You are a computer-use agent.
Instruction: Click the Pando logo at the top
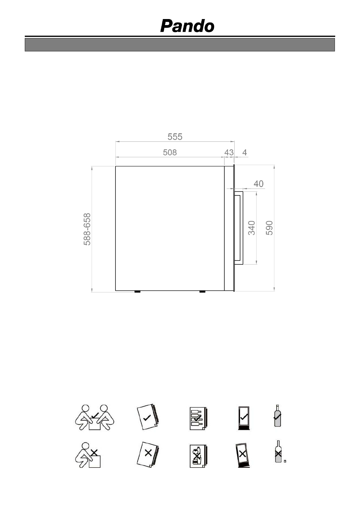pyautogui.click(x=187, y=26)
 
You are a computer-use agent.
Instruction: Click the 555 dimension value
pyautogui.click(x=175, y=137)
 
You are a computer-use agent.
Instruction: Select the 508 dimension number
pyautogui.click(x=170, y=152)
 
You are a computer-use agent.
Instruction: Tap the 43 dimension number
pyautogui.click(x=229, y=153)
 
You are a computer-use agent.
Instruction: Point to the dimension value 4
pyautogui.click(x=245, y=153)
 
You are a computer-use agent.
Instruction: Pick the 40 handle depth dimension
pyautogui.click(x=258, y=184)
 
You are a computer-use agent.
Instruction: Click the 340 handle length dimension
pyautogui.click(x=251, y=228)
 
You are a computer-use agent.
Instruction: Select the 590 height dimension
pyautogui.click(x=269, y=228)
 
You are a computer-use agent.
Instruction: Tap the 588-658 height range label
pyautogui.click(x=87, y=229)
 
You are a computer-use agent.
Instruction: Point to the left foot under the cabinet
pyautogui.click(x=137, y=292)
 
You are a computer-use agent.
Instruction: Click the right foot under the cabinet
pyautogui.click(x=202, y=292)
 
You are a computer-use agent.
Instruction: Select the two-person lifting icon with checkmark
pyautogui.click(x=95, y=417)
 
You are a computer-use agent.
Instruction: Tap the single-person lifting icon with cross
pyautogui.click(x=88, y=455)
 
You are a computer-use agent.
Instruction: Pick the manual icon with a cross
pyautogui.click(x=148, y=454)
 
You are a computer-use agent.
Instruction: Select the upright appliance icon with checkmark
pyautogui.click(x=244, y=418)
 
